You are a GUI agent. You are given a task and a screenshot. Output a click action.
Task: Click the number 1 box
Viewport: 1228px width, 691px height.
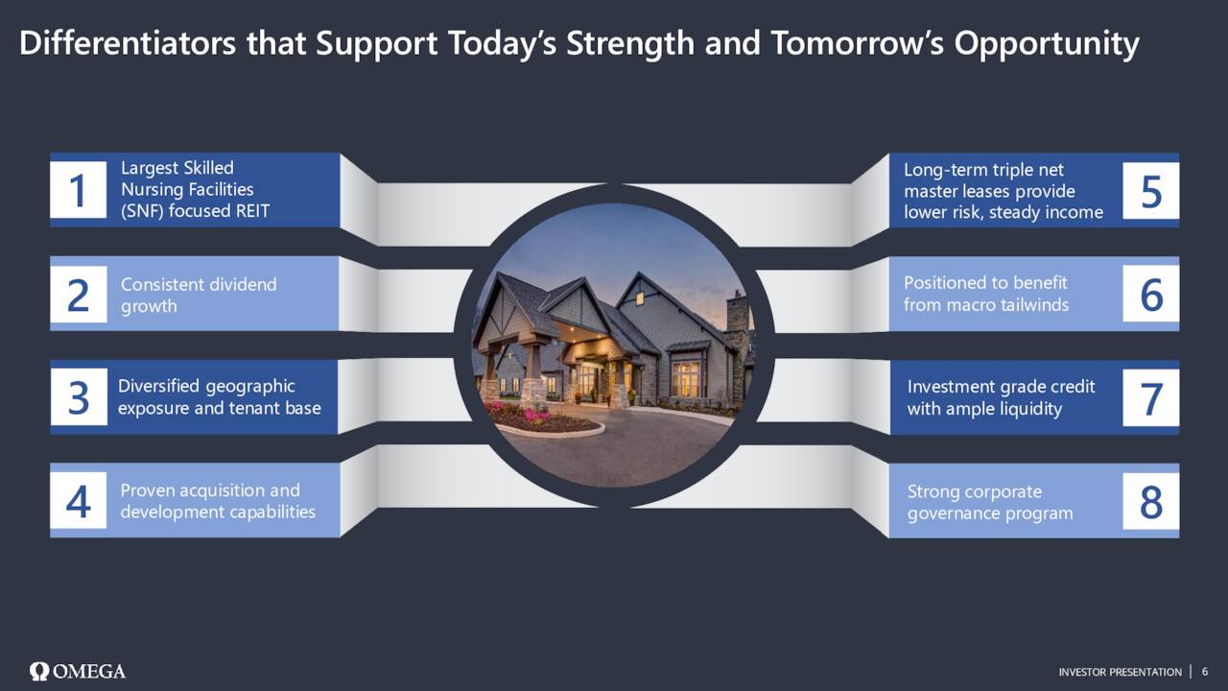click(x=79, y=190)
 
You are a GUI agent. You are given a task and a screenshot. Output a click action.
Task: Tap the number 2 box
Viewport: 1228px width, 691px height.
click(x=79, y=294)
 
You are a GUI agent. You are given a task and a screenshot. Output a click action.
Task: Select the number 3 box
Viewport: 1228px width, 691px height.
click(x=79, y=397)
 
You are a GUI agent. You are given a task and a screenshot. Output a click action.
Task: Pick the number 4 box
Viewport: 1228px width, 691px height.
click(x=79, y=500)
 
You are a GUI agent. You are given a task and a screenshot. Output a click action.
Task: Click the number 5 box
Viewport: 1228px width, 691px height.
click(x=1150, y=191)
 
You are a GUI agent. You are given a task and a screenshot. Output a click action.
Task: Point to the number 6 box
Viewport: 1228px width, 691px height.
click(x=1150, y=294)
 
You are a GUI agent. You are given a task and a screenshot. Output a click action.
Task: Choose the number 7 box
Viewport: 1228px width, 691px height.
click(x=1150, y=397)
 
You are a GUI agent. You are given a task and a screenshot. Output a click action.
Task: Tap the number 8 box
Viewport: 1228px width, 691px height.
click(x=1150, y=501)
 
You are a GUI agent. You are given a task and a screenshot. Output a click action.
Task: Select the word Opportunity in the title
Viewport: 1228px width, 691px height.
click(x=1047, y=44)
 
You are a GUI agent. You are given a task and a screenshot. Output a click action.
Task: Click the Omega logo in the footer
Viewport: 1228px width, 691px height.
click(x=78, y=671)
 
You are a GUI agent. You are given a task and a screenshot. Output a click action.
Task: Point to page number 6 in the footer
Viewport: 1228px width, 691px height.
click(x=1205, y=672)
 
